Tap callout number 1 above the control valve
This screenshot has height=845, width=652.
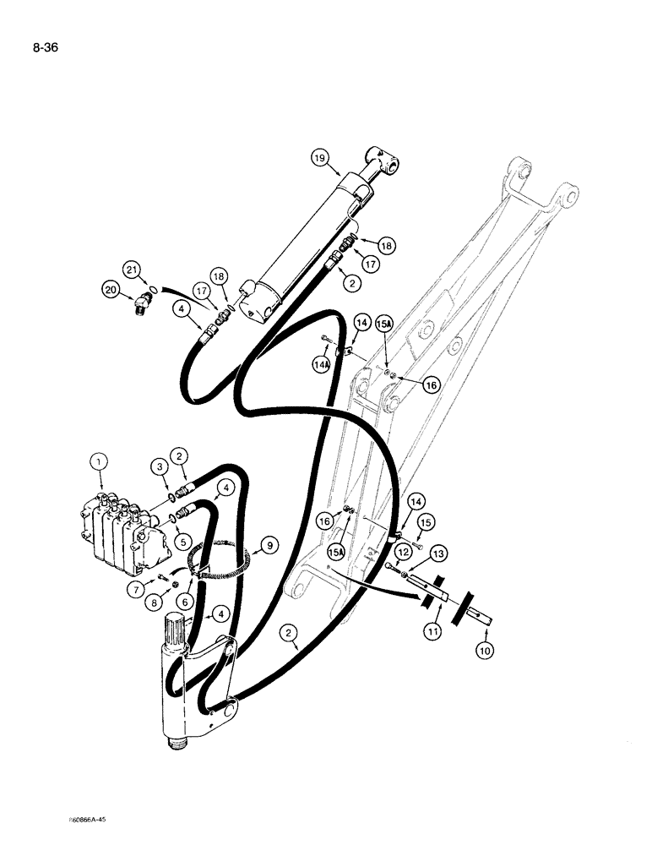click(x=99, y=461)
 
